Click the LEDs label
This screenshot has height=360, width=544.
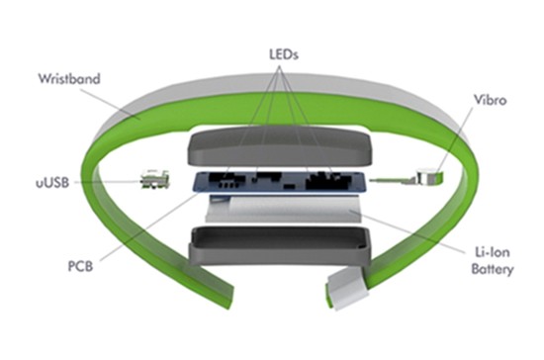pyautogui.click(x=284, y=54)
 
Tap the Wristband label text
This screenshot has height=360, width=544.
pyautogui.click(x=69, y=79)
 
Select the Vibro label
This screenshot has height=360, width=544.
pyautogui.click(x=491, y=100)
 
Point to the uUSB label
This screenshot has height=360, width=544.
pyautogui.click(x=52, y=182)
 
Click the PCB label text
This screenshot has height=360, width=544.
pyautogui.click(x=80, y=266)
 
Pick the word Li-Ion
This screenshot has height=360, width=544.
pyautogui.click(x=493, y=252)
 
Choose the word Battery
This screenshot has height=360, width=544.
pyautogui.click(x=493, y=269)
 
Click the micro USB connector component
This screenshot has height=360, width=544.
pyautogui.click(x=155, y=179)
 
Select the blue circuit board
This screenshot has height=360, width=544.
pyautogui.click(x=279, y=182)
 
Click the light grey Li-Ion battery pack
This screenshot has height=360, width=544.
pyautogui.click(x=283, y=209)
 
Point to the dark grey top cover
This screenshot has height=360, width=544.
pyautogui.click(x=279, y=145)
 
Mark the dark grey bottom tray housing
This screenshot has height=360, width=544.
pyautogui.click(x=279, y=245)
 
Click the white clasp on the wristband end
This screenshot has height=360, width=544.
pyautogui.click(x=348, y=289)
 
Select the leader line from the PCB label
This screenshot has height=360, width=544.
pyautogui.click(x=149, y=227)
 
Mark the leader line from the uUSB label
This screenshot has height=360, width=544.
pyautogui.click(x=107, y=182)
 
